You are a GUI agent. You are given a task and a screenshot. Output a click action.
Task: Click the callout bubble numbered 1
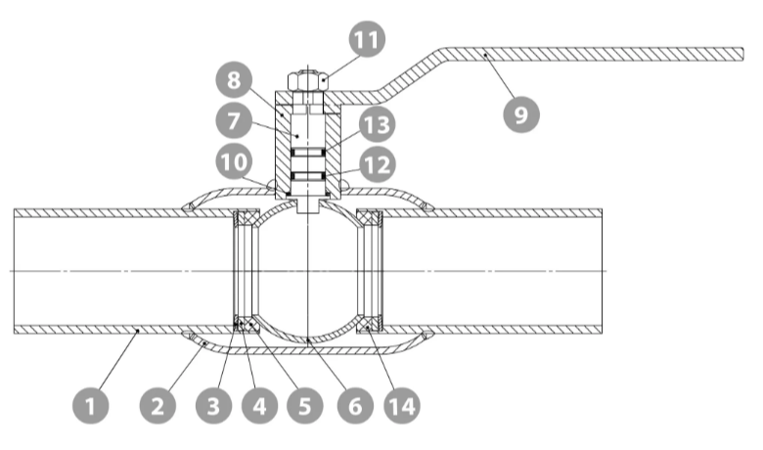pyautogui.click(x=91, y=405)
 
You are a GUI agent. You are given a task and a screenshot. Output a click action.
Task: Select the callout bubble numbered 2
pyautogui.click(x=158, y=405)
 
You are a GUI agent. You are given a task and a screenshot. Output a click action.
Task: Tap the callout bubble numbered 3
pyautogui.click(x=214, y=405)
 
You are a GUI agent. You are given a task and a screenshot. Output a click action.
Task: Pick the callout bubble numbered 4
pyautogui.click(x=259, y=405)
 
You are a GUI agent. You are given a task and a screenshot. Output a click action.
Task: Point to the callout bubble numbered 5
pyautogui.click(x=305, y=405)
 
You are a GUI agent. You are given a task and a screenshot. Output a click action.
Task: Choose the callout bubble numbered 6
pyautogui.click(x=355, y=405)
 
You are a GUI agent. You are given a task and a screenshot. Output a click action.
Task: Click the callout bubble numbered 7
pyautogui.click(x=234, y=120)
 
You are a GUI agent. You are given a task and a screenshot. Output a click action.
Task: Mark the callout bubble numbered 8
pyautogui.click(x=234, y=79)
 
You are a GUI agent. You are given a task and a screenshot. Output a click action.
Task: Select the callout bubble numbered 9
pyautogui.click(x=521, y=114)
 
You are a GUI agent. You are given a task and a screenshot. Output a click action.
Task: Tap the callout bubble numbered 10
pyautogui.click(x=234, y=161)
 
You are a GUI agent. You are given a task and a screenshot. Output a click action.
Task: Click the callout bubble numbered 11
pyautogui.click(x=367, y=39)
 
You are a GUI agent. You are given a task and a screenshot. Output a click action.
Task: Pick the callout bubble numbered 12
pyautogui.click(x=378, y=165)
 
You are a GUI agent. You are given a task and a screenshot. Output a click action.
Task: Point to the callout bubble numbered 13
pyautogui.click(x=378, y=124)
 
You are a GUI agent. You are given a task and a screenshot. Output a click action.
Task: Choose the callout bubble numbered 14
pyautogui.click(x=402, y=405)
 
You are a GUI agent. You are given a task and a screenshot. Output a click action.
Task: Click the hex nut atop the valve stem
pyautogui.click(x=308, y=81)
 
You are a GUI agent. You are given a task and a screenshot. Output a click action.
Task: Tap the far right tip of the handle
pyautogui.click(x=743, y=55)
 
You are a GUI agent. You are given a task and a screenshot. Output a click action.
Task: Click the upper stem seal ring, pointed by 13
pyautogui.click(x=308, y=153)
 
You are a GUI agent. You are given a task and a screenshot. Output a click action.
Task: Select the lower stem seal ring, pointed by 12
pyautogui.click(x=308, y=175)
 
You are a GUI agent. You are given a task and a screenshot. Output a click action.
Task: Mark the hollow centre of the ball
pyautogui.click(x=308, y=270)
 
